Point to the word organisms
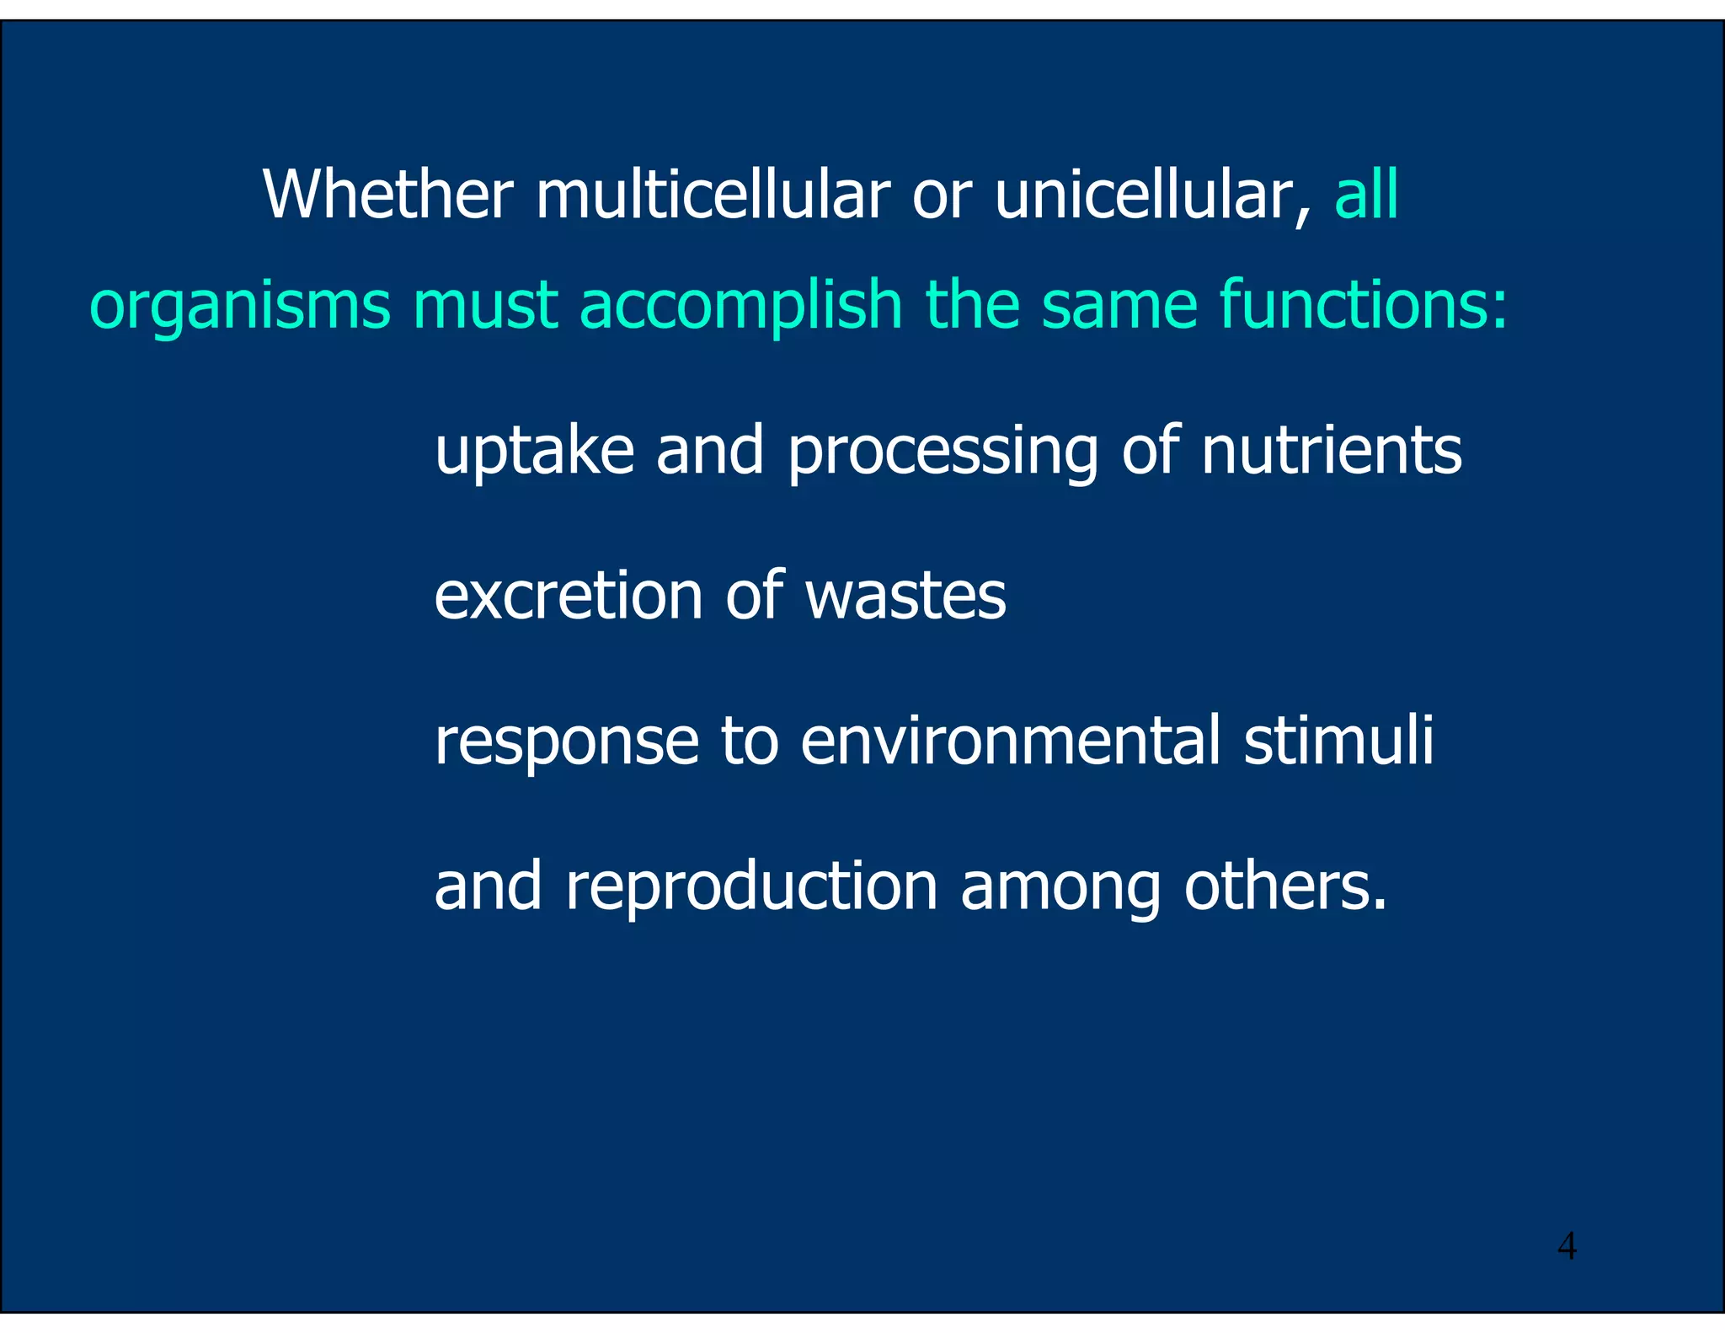(x=240, y=305)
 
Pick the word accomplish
(x=741, y=305)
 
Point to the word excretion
(x=568, y=596)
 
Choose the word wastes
(x=905, y=596)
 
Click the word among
(x=1060, y=890)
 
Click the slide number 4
(x=1567, y=1245)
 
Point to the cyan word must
(x=485, y=305)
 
